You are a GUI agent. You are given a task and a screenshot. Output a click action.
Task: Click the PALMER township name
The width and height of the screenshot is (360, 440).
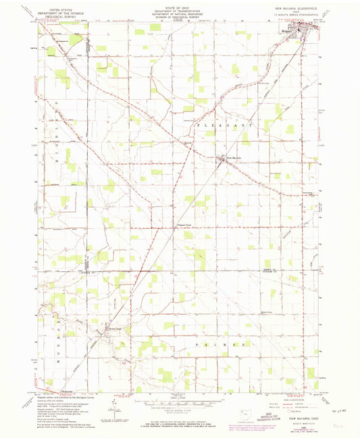point(223,345)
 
